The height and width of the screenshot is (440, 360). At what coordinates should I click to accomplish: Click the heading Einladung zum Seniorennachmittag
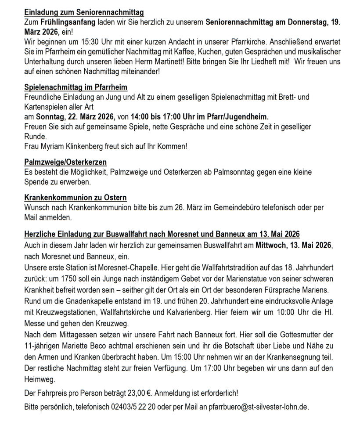(x=84, y=13)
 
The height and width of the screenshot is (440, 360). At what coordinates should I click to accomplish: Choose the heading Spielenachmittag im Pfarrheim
(x=76, y=87)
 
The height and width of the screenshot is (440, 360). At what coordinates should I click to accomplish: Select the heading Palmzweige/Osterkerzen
(x=65, y=162)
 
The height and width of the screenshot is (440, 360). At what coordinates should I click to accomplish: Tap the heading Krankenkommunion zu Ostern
(x=76, y=198)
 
